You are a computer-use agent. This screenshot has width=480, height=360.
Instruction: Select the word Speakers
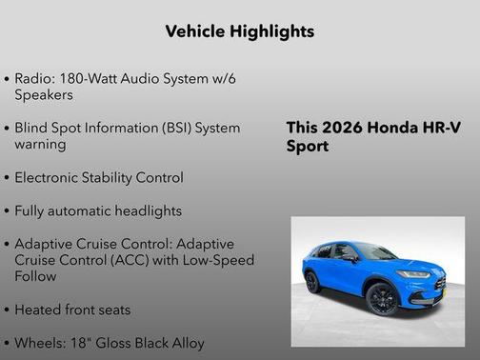coord(44,94)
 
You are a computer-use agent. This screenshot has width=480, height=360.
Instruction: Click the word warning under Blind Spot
coord(40,144)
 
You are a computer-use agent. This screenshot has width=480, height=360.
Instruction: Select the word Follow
coord(35,276)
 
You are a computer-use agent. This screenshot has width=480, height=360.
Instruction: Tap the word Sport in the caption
coord(307,147)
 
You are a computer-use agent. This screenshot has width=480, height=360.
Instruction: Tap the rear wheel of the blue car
coord(311,281)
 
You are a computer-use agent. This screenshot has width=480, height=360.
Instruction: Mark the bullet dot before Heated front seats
coord(8,310)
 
